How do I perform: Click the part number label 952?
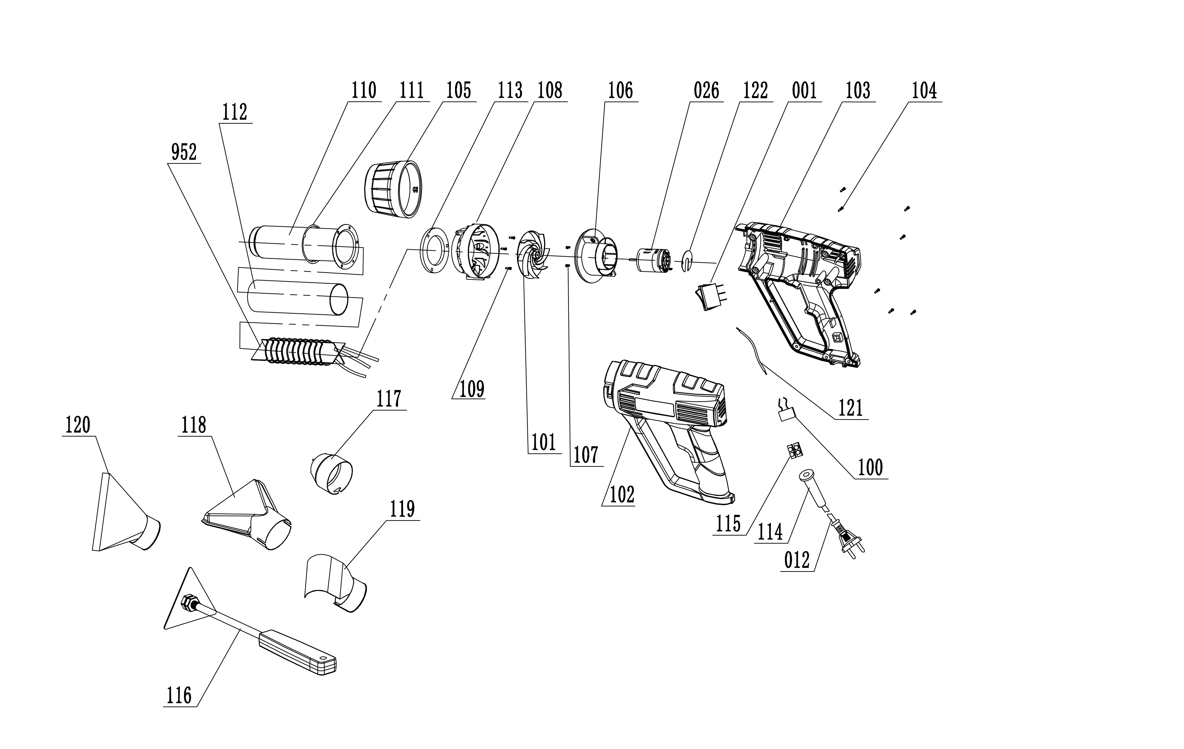184,153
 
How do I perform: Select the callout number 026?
706,91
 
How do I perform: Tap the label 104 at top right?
924,91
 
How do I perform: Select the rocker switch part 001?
708,296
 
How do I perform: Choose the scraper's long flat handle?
297,652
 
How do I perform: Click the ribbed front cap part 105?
393,189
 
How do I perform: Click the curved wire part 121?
751,350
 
